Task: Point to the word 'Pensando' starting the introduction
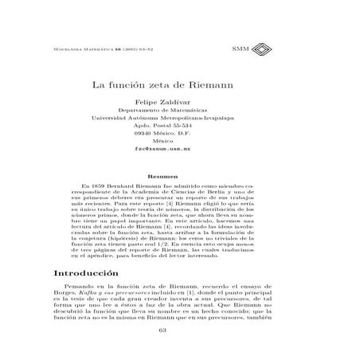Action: (x=78, y=284)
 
